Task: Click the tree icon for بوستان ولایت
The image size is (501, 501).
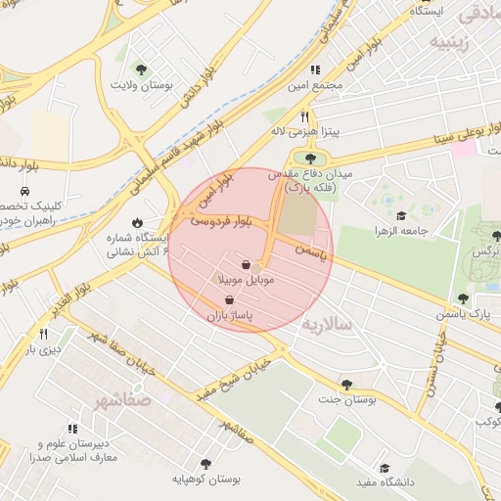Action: pos(142,69)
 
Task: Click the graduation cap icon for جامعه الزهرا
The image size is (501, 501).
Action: pos(399,215)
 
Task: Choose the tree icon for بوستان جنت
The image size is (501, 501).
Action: pos(346,385)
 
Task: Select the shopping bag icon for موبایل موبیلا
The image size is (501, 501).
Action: pos(245,265)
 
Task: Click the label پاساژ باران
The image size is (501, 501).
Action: pos(229,317)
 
